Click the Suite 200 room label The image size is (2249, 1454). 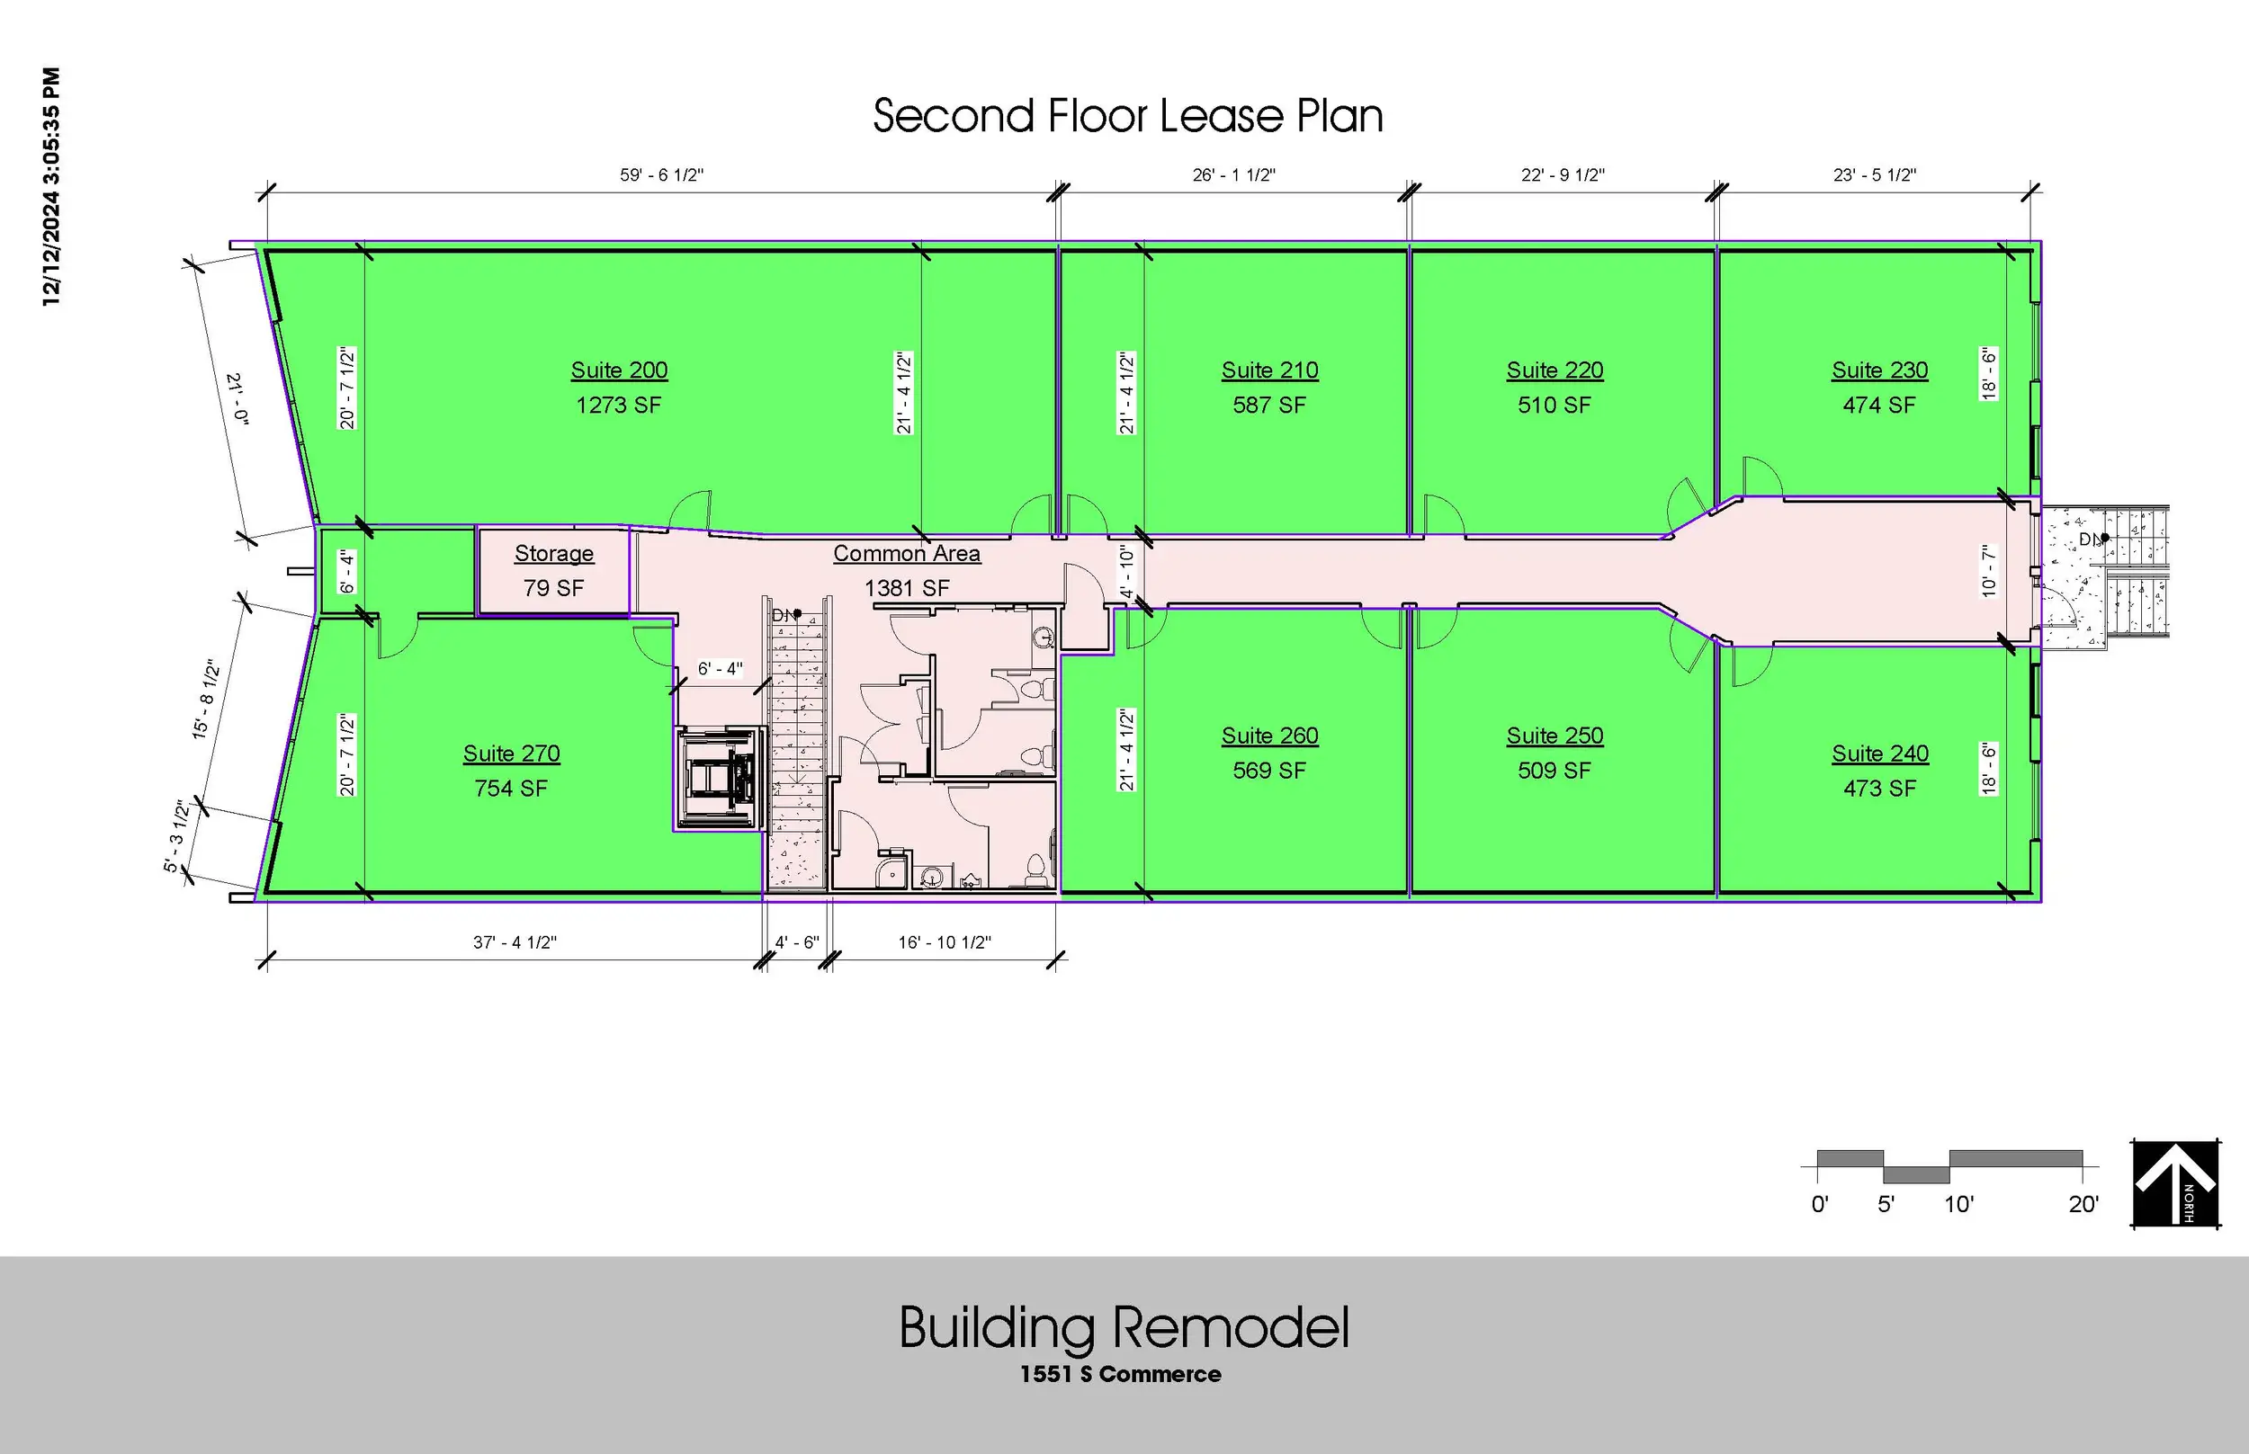click(619, 370)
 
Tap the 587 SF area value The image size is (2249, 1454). click(1269, 405)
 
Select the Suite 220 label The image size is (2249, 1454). click(1555, 370)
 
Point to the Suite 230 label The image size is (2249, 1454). click(1879, 370)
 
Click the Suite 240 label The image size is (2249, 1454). click(1879, 754)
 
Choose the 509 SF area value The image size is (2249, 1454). click(1555, 771)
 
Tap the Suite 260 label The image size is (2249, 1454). click(1269, 736)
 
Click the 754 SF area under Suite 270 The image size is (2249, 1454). click(511, 789)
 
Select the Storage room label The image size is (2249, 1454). click(554, 553)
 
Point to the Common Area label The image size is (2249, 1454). click(907, 553)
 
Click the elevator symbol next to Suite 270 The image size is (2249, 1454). click(721, 778)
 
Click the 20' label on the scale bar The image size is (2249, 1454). click(2083, 1205)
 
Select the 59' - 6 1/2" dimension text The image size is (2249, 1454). click(662, 174)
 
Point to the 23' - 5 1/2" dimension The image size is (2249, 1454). click(1875, 174)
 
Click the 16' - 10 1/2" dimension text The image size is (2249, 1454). click(945, 942)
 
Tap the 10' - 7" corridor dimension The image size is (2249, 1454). click(1988, 570)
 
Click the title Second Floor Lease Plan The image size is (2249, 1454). click(1128, 116)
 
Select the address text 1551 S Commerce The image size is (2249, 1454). click(1120, 1374)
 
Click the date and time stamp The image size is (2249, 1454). click(51, 186)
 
